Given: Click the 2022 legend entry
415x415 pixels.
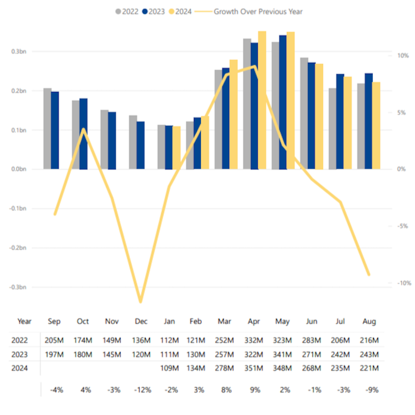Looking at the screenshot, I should pos(127,12).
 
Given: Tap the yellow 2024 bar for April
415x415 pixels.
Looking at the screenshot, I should pos(262,100).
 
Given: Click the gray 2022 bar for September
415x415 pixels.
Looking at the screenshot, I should pos(47,129).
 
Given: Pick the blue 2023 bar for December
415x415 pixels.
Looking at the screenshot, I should pos(141,145).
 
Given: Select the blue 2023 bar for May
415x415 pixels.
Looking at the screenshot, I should pos(283,102).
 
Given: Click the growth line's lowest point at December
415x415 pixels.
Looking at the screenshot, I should pos(141,302).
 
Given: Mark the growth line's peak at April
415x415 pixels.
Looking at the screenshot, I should pos(255,66).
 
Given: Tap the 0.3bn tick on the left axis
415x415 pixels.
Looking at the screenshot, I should pos(19,51).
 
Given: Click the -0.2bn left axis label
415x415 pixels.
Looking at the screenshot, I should pos(18,248).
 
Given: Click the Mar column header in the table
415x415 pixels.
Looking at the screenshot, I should pos(224,322).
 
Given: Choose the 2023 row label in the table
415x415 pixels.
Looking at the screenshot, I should pos(20,354).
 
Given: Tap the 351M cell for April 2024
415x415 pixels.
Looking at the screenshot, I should pos(254,368).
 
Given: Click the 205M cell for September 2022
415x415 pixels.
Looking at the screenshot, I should pos(54,341).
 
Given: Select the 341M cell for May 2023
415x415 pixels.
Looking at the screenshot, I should pos(283,354).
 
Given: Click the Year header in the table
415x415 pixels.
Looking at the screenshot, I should pos(24,322).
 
